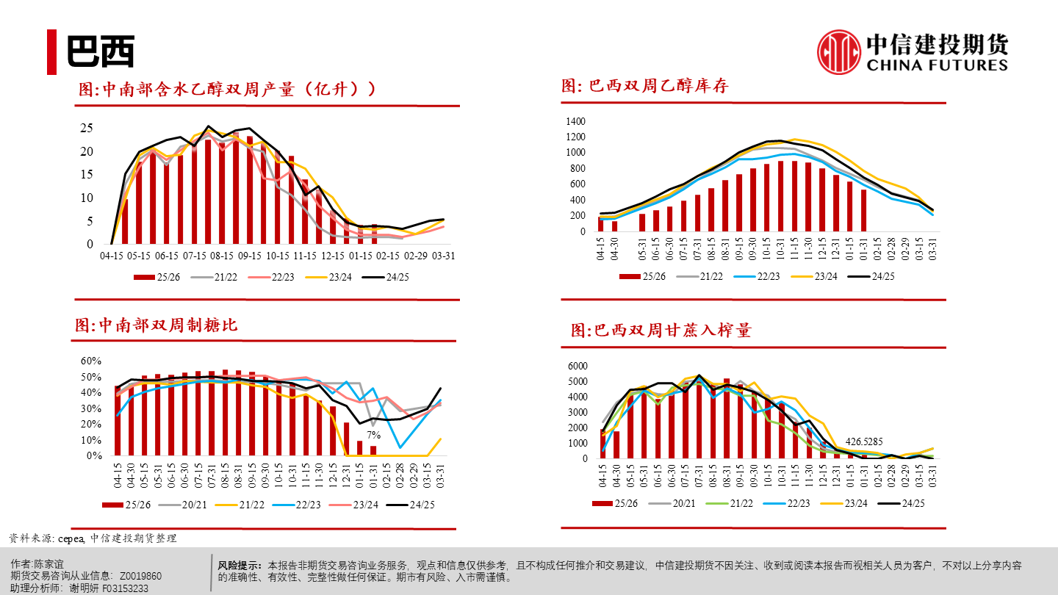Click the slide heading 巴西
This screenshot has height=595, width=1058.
[x=101, y=52]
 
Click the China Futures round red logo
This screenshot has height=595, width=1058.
[x=839, y=52]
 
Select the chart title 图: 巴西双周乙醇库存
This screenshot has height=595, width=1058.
[x=644, y=86]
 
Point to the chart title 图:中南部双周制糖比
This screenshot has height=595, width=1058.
[x=156, y=325]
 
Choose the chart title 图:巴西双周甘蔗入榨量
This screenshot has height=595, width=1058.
[x=661, y=331]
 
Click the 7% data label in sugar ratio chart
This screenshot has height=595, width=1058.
[x=374, y=435]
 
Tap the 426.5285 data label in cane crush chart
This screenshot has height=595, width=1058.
[x=865, y=441]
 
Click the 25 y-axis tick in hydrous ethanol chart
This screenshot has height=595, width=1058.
[x=87, y=128]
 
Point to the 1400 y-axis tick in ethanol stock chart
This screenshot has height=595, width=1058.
[x=575, y=121]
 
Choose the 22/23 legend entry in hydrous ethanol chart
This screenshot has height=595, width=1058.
[x=283, y=277]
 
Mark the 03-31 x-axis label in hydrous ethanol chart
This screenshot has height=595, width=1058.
[x=442, y=256]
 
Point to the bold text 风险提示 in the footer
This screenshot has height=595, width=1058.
[x=240, y=566]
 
